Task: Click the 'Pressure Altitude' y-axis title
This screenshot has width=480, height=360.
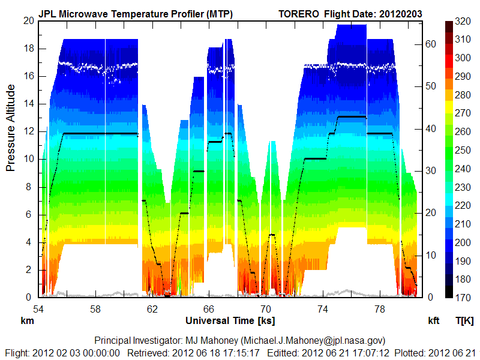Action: point(11,128)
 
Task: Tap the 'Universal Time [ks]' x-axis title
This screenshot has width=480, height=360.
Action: point(230,320)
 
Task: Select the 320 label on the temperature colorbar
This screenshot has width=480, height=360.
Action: point(463,21)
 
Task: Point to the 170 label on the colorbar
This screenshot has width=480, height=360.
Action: point(463,297)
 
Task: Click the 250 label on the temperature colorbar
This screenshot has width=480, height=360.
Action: point(463,150)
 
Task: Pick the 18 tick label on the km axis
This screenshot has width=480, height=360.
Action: point(28,49)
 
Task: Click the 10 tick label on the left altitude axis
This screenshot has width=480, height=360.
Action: point(28,159)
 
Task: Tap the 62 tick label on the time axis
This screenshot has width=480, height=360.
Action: point(152,308)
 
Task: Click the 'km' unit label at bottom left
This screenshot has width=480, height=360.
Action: point(26,320)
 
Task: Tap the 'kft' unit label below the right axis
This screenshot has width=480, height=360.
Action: point(433,320)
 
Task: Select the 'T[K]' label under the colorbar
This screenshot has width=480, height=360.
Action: point(464,320)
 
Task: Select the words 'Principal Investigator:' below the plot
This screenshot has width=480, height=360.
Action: point(139,340)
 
